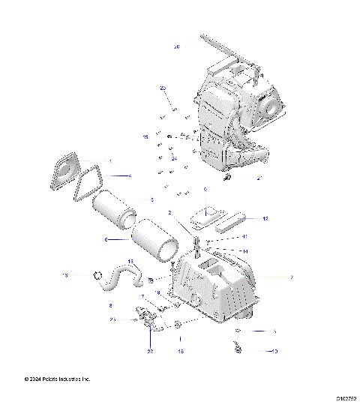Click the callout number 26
click(177, 46)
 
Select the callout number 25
click(162, 88)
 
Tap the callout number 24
click(173, 159)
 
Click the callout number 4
click(129, 175)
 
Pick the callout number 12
click(265, 219)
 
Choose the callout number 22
click(150, 351)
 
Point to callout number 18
click(180, 350)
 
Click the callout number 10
click(274, 350)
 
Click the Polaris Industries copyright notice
click(46, 379)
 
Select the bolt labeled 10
click(238, 348)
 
